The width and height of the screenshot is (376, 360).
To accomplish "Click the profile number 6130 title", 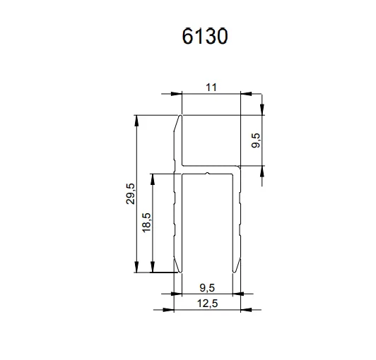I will click(204, 37).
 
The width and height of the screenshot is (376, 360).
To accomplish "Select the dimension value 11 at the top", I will click(211, 87).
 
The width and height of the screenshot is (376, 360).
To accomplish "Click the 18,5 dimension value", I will click(146, 222).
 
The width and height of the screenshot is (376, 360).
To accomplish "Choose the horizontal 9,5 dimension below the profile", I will click(207, 287).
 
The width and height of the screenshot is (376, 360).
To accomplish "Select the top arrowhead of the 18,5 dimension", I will click(153, 176).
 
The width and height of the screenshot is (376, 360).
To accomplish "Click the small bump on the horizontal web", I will click(206, 170).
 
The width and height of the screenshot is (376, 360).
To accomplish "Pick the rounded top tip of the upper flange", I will click(180, 116).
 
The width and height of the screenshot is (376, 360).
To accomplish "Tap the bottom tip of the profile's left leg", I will click(179, 271).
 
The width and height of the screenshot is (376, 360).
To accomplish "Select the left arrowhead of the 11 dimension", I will click(177, 94).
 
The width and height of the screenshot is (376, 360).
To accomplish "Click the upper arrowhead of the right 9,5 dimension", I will click(262, 109).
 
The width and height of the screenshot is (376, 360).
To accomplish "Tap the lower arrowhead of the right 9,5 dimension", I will click(262, 172).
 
